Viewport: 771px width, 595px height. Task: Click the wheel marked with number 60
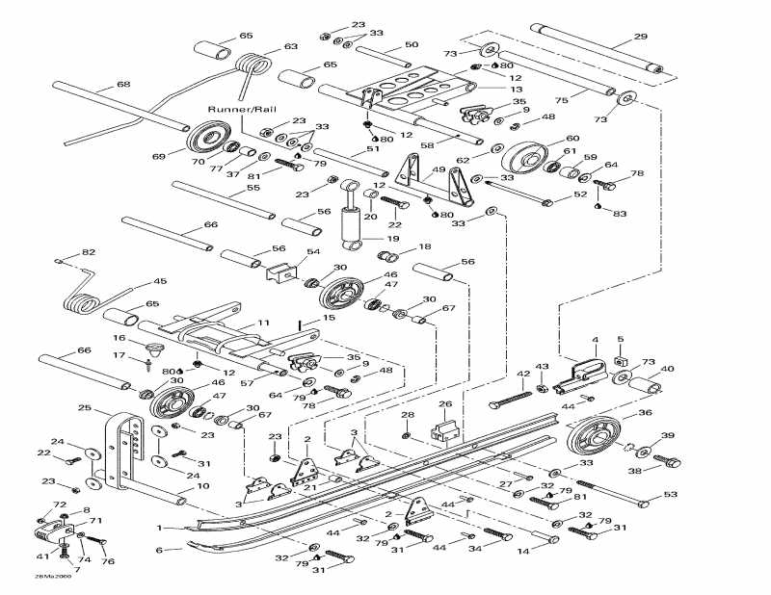point(524,158)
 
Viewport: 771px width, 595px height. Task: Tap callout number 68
point(123,85)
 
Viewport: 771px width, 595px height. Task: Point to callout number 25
point(85,408)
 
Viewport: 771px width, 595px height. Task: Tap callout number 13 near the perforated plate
point(517,88)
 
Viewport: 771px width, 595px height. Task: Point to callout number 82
point(89,252)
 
